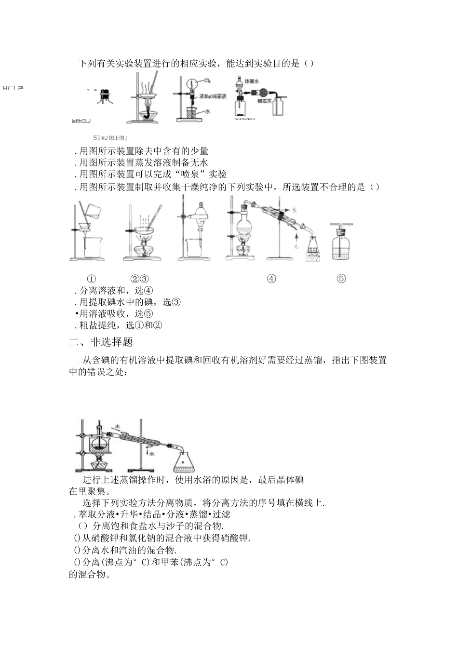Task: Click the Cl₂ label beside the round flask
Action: (x=207, y=81)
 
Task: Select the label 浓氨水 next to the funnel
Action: (x=252, y=81)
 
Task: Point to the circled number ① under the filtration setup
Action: (x=91, y=279)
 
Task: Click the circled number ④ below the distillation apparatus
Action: (x=272, y=279)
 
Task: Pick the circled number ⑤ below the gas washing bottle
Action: (x=341, y=279)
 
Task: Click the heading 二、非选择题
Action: (x=101, y=342)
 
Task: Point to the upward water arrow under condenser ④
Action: (x=297, y=239)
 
